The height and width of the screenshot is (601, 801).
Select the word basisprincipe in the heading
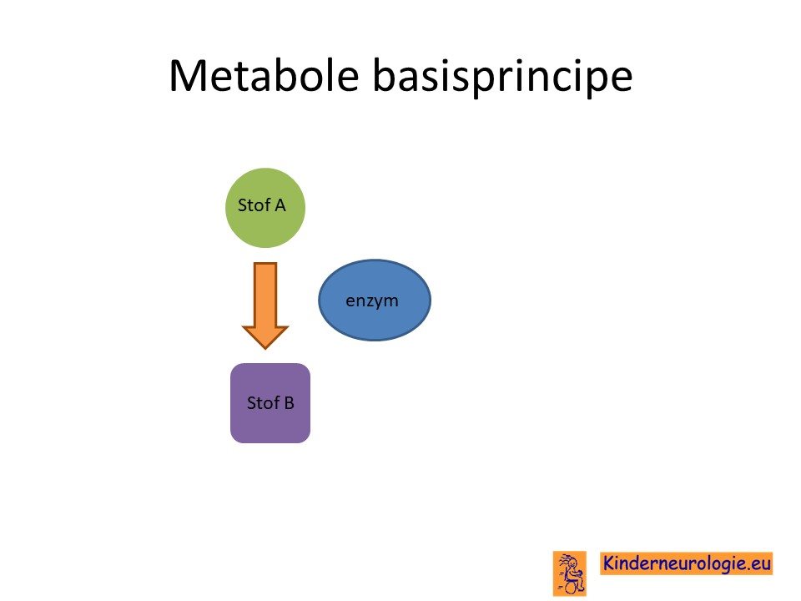[502, 77]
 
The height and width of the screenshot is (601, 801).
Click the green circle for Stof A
[265, 208]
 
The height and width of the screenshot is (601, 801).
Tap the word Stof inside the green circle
[254, 205]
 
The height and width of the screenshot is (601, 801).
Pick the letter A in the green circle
[280, 205]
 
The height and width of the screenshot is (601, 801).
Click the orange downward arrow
[265, 306]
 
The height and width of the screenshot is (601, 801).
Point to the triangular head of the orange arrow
[265, 337]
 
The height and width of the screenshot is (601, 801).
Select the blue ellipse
[375, 300]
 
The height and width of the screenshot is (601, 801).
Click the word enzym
[372, 301]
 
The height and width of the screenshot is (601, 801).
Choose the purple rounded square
[270, 403]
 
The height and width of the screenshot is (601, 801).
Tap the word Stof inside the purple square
[263, 403]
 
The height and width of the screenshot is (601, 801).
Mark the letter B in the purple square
[290, 403]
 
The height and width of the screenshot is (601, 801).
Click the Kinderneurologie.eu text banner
[686, 563]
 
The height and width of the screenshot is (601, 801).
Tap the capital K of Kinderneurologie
[608, 563]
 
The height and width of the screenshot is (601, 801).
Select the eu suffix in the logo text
[761, 564]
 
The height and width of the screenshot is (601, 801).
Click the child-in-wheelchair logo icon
[570, 573]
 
